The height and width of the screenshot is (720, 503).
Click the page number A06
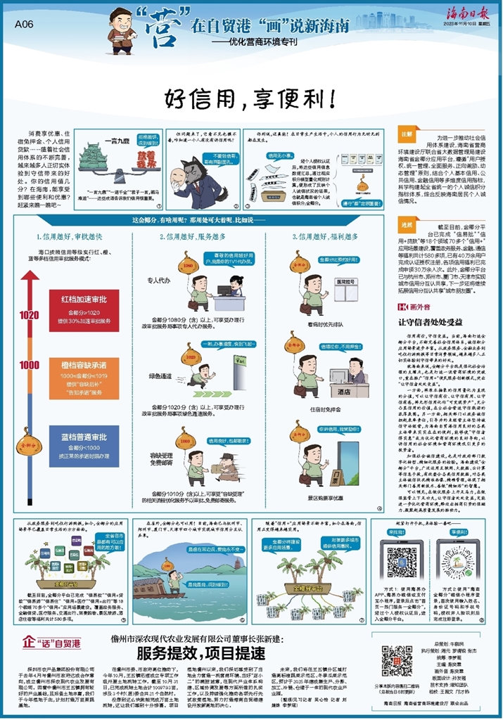click(x=25, y=23)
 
